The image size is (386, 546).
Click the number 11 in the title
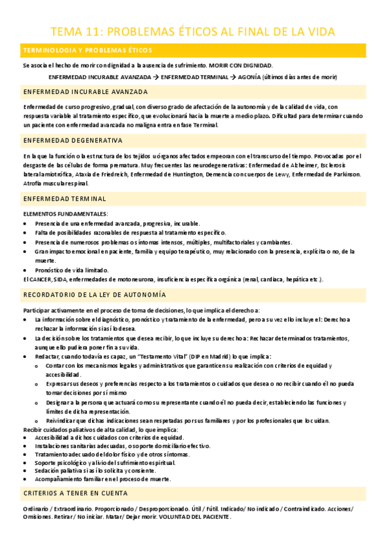tap(88, 32)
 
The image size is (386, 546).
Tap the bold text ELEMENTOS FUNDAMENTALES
tap(65, 213)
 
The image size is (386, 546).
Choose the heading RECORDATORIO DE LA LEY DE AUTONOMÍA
tap(94, 294)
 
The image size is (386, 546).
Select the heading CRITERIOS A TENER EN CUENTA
tap(75, 493)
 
